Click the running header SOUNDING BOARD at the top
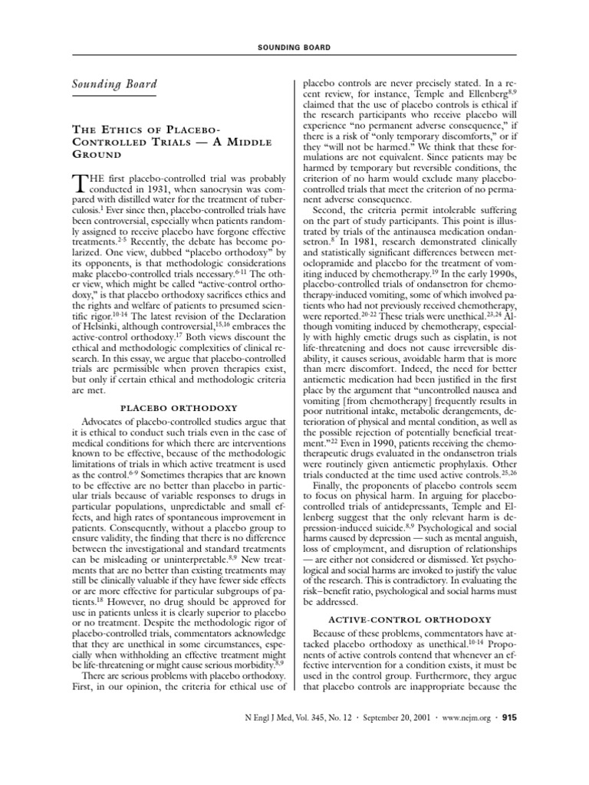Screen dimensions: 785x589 point(294,48)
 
